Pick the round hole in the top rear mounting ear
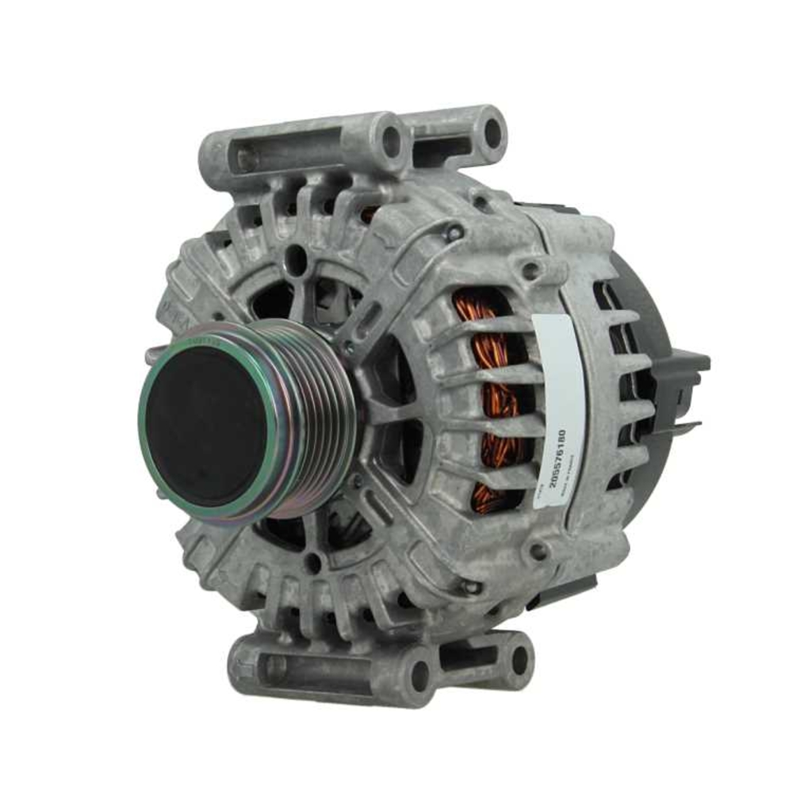click(492, 132)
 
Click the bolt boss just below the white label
click(540, 550)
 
